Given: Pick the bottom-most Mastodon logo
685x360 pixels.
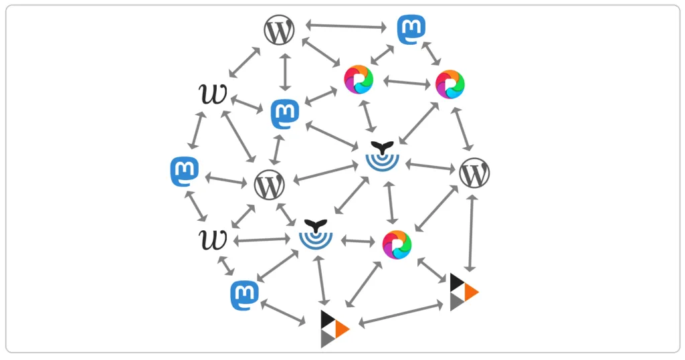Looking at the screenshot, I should (245, 295).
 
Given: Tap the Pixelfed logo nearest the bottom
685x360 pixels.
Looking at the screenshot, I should (397, 245).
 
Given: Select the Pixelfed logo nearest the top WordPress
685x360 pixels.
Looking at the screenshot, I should (359, 80).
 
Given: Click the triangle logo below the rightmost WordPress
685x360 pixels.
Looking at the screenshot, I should (464, 292).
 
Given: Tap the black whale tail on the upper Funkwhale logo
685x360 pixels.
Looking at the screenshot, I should (383, 147).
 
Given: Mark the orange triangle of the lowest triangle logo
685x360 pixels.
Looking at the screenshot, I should (342, 329).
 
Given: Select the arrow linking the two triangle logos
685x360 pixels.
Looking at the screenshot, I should (401, 313).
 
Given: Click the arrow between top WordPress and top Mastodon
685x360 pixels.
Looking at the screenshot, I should (346, 27).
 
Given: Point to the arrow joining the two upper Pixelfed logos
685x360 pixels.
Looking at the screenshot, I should (406, 83).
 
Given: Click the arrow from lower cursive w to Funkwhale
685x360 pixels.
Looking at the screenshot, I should (262, 240).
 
